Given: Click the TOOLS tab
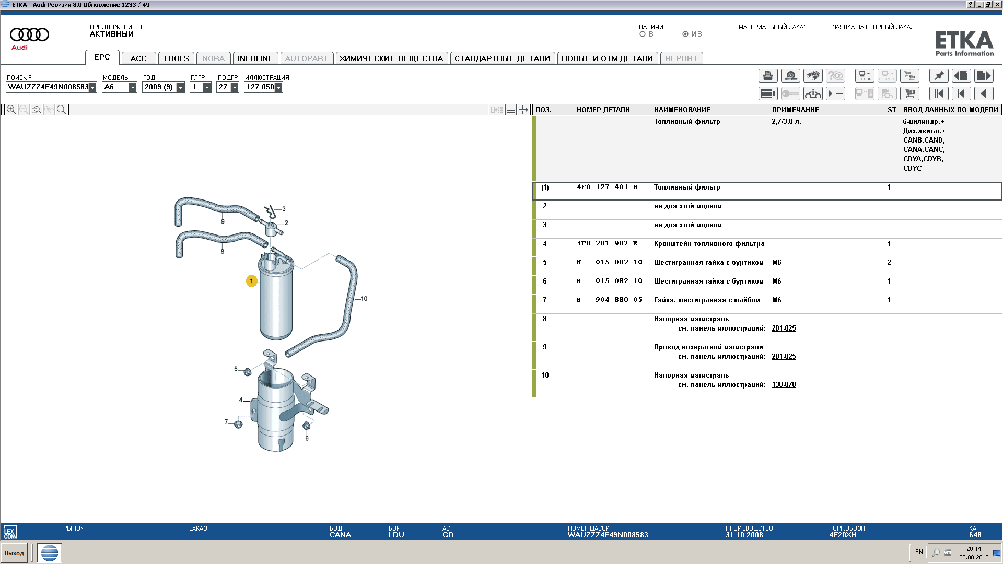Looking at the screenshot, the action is click(x=176, y=58).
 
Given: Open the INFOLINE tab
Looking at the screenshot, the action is click(x=255, y=58).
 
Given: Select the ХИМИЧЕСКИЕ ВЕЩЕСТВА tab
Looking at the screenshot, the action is click(x=391, y=58).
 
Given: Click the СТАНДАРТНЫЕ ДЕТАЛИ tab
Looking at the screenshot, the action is click(x=502, y=58).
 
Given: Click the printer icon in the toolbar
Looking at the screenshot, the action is click(x=768, y=76).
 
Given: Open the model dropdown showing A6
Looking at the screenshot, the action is click(x=120, y=87).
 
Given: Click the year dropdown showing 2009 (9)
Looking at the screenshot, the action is click(x=164, y=87).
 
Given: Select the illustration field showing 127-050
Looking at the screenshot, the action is click(x=263, y=87).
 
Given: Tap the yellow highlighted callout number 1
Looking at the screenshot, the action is click(x=251, y=281).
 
